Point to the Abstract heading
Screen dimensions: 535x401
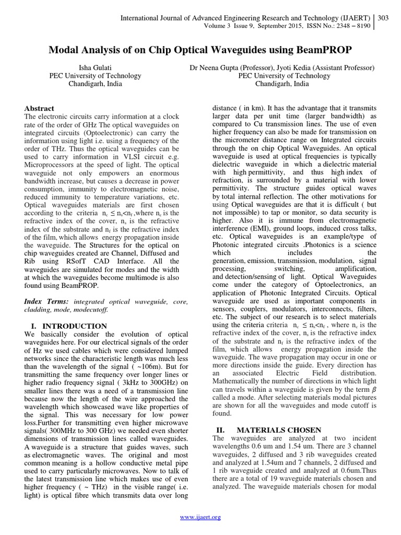click(x=39, y=109)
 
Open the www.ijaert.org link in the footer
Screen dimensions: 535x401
click(x=200, y=517)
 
